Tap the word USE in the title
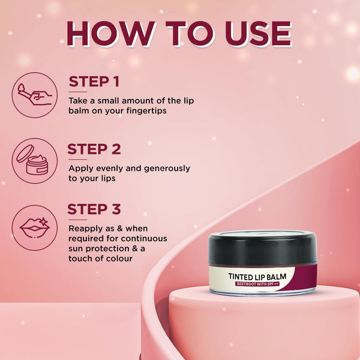click(258, 34)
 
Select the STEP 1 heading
click(94, 82)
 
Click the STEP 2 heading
click(94, 149)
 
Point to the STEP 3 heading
click(94, 209)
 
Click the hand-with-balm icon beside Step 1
click(35, 95)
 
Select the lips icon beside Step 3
click(35, 228)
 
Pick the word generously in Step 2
click(167, 169)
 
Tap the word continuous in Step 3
click(144, 239)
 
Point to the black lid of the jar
click(263, 248)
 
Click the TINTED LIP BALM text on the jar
click(257, 277)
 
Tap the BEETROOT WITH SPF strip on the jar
click(257, 284)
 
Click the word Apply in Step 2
click(81, 169)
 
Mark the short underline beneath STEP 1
click(78, 92)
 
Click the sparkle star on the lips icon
click(43, 221)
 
